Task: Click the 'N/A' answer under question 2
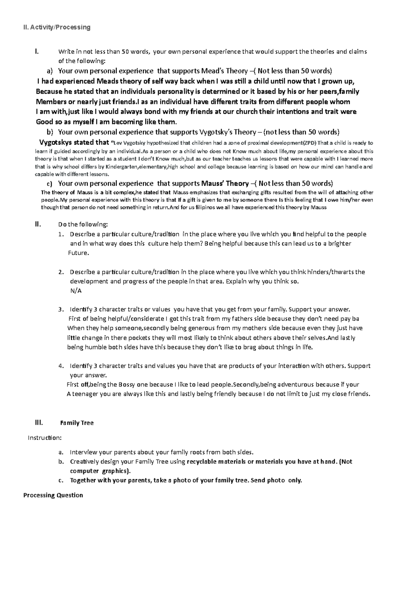(76, 291)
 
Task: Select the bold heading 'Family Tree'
(77, 423)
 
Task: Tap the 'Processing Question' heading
(53, 495)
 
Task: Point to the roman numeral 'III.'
(39, 422)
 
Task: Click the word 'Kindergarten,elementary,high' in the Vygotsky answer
(139, 167)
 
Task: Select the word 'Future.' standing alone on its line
(78, 253)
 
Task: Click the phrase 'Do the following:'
(83, 225)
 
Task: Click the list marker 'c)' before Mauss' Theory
(49, 184)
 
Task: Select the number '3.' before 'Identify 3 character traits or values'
(61, 310)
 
